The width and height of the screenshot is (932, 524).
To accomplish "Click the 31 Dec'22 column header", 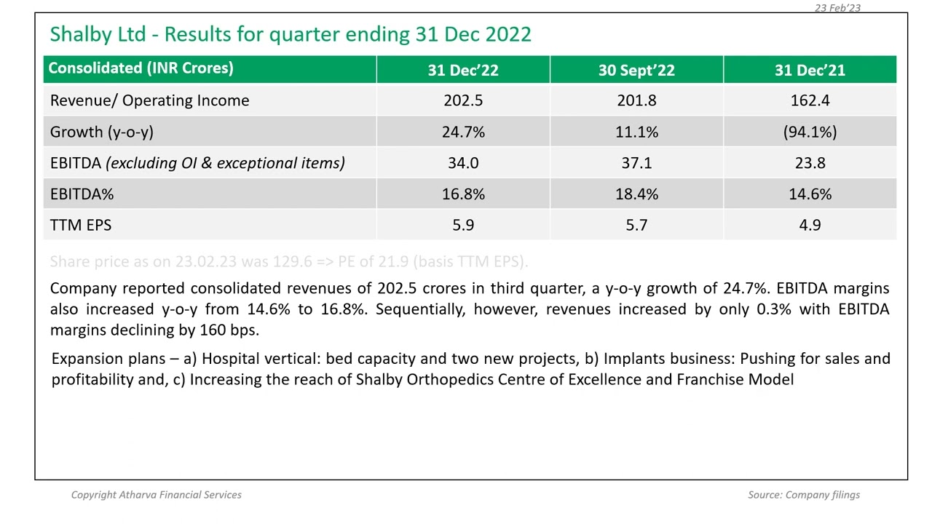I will (x=463, y=70).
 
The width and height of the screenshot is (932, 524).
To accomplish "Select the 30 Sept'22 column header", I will (x=636, y=70).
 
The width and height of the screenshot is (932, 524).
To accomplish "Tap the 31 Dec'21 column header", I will (x=810, y=70).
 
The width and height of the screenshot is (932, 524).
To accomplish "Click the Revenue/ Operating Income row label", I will (x=149, y=100).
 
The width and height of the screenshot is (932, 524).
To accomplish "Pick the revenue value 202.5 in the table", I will (x=463, y=100).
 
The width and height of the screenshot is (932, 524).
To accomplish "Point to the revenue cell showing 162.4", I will (x=810, y=100).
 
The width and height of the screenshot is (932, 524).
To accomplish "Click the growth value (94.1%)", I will (x=810, y=132).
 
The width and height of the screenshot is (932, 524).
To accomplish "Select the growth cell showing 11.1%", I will (x=636, y=132).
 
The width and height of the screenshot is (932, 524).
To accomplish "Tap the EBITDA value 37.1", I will (x=636, y=163).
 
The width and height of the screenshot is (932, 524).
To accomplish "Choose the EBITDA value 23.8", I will (x=810, y=163).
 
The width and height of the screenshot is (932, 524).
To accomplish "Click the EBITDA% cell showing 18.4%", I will (x=636, y=194).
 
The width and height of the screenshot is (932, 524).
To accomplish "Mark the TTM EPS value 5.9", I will (x=463, y=226).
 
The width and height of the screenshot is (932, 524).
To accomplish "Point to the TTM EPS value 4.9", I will (x=810, y=226).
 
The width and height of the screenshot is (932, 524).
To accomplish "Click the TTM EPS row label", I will (x=81, y=226).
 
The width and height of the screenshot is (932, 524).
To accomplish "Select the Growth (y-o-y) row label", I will (x=101, y=132).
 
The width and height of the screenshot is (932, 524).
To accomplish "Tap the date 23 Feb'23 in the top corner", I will (x=837, y=7).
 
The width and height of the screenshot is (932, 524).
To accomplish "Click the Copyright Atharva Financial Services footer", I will (x=156, y=495).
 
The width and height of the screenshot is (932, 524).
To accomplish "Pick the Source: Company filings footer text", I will (x=803, y=495).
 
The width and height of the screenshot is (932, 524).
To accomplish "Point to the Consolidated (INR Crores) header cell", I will (x=141, y=68).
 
